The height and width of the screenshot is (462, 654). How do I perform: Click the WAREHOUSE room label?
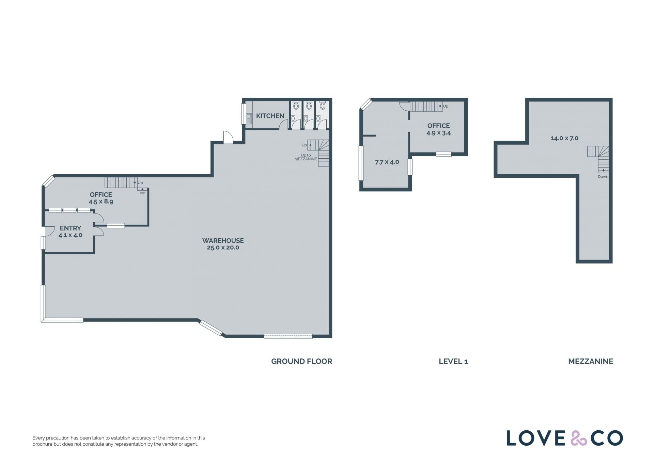[223, 240]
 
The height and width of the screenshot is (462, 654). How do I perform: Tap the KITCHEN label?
[270, 116]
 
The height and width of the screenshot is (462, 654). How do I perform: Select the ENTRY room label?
[71, 228]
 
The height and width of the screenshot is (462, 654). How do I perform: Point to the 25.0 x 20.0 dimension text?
[223, 248]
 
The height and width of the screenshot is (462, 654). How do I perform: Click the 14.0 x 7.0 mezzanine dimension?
[564, 138]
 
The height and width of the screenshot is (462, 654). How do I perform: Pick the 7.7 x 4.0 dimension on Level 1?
[387, 162]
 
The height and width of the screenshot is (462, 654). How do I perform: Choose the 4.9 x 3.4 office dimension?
[439, 133]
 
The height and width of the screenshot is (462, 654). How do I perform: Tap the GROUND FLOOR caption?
[301, 361]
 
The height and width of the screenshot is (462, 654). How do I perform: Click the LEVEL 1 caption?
[453, 361]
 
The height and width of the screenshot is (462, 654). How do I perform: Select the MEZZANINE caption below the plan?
[591, 361]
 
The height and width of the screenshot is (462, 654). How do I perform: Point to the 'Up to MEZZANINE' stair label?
[306, 157]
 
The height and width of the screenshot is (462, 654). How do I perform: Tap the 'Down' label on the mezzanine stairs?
[603, 177]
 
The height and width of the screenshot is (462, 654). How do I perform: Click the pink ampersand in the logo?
[579, 438]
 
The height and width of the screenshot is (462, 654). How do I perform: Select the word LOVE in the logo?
[536, 438]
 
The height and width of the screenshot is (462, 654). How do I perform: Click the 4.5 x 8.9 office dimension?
[101, 201]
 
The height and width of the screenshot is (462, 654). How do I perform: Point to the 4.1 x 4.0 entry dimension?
[71, 235]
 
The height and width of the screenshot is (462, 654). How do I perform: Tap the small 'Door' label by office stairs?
[142, 193]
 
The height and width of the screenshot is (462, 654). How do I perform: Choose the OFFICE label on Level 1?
[439, 126]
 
